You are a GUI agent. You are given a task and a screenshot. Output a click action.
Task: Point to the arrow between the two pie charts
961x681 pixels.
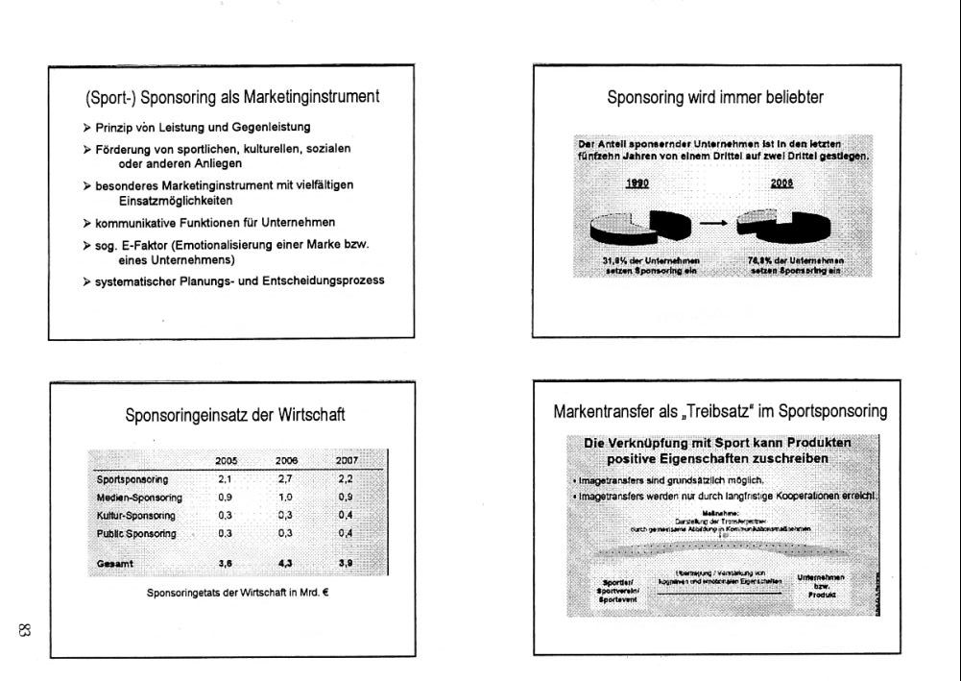tap(711, 224)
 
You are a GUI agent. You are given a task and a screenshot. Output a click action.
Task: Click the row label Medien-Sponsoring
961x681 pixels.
tap(139, 498)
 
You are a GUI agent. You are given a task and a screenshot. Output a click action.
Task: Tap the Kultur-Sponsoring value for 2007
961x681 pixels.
tap(346, 515)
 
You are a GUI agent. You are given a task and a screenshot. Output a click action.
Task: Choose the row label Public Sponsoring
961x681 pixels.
tap(136, 533)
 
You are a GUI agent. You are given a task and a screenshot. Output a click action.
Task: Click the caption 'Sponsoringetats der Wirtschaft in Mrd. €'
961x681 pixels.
tap(238, 592)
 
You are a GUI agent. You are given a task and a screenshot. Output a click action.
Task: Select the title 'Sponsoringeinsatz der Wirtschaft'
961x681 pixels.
tap(235, 416)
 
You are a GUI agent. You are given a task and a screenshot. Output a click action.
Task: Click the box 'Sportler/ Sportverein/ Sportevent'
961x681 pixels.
tap(613, 589)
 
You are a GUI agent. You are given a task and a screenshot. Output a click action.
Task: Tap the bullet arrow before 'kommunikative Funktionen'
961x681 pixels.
tap(87, 223)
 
